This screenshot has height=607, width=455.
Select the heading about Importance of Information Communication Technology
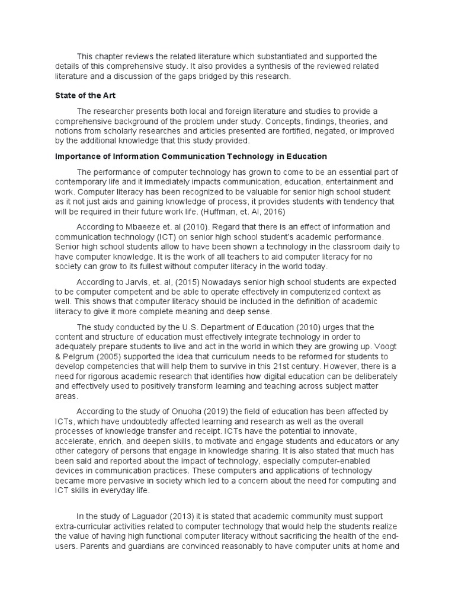(x=191, y=156)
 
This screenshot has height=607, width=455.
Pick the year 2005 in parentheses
(x=113, y=356)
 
